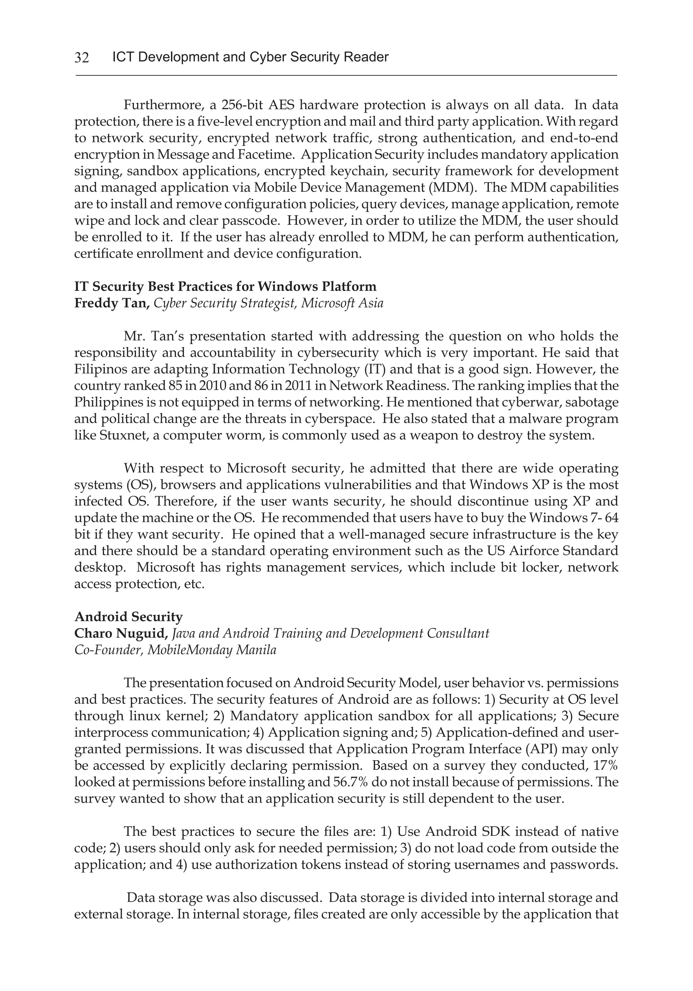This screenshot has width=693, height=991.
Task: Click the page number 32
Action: pos(82,57)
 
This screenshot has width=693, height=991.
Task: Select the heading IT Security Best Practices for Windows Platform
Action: pos(225,287)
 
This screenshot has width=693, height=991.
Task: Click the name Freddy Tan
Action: pos(112,303)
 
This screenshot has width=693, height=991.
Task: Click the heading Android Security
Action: pos(129,617)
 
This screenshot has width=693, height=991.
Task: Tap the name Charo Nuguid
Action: pos(121,633)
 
